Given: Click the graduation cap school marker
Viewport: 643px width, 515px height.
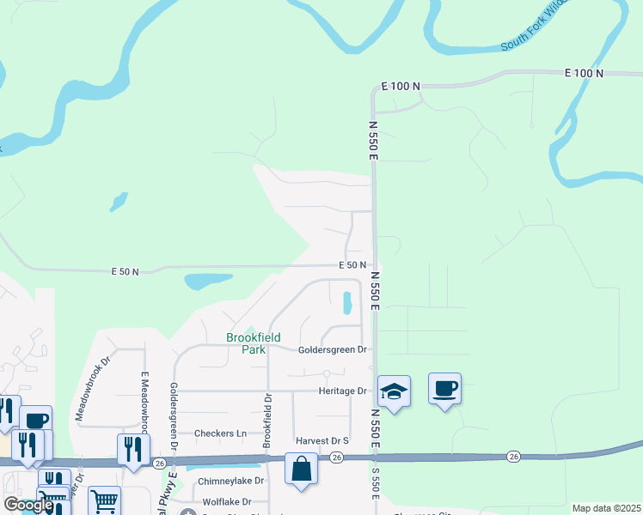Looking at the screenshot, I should [x=394, y=391].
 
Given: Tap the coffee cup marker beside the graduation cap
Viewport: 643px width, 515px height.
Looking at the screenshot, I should [x=444, y=389].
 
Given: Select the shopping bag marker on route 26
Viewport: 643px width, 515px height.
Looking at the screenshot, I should [x=300, y=469].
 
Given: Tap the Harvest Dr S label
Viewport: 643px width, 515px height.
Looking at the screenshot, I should [x=322, y=441].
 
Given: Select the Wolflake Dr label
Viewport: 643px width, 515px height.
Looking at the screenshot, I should [x=227, y=501].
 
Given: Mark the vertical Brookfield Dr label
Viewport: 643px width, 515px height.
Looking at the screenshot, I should [x=267, y=420].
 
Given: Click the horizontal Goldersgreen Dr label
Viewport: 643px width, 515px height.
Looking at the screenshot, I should [x=333, y=350].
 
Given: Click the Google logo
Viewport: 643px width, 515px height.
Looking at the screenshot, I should [x=28, y=505].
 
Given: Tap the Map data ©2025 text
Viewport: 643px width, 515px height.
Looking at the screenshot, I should [x=606, y=508].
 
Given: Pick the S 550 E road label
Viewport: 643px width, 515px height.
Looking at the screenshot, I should [x=375, y=485].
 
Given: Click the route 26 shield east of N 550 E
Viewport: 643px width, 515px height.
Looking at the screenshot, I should [x=513, y=456].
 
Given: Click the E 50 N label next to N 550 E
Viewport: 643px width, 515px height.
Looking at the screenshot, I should [x=352, y=265].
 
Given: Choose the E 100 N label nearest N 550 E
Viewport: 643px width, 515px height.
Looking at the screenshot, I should [x=401, y=87].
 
